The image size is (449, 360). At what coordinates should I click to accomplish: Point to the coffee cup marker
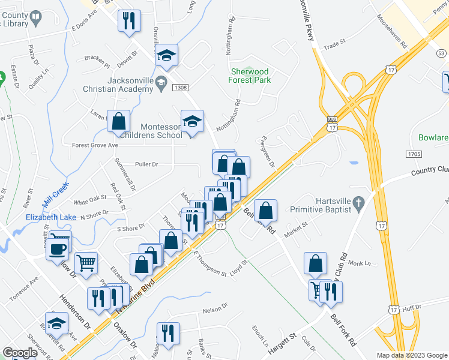click(x=58, y=248)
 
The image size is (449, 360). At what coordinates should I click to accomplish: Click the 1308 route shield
click(x=179, y=88)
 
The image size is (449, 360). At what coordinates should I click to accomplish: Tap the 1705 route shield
click(x=414, y=154)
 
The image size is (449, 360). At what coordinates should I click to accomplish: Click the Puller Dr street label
click(x=146, y=164)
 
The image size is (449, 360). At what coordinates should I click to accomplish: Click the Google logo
click(x=20, y=353)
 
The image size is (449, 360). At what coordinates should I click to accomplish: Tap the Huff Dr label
click(x=412, y=308)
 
